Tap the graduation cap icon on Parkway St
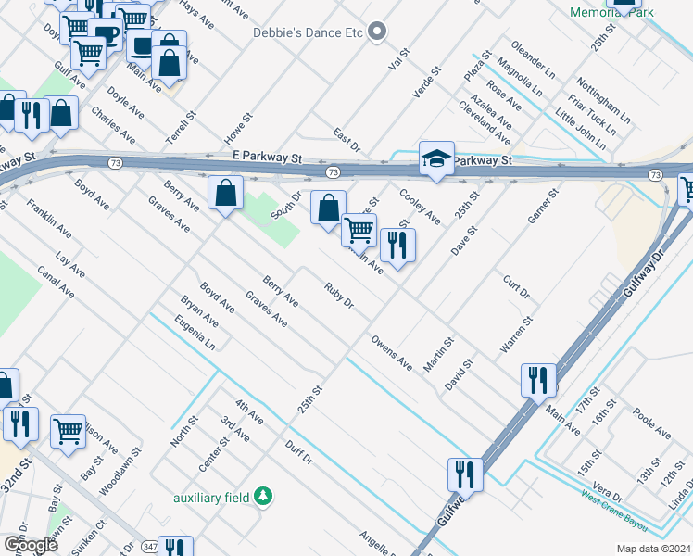[x=436, y=158]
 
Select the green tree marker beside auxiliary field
[x=264, y=497]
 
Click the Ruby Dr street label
[x=339, y=296]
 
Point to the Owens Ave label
[x=391, y=354]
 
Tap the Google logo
[x=31, y=545]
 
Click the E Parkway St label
[x=267, y=158]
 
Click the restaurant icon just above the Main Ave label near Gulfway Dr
[x=537, y=378]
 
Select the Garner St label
[x=543, y=208]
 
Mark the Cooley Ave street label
[x=419, y=207]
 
